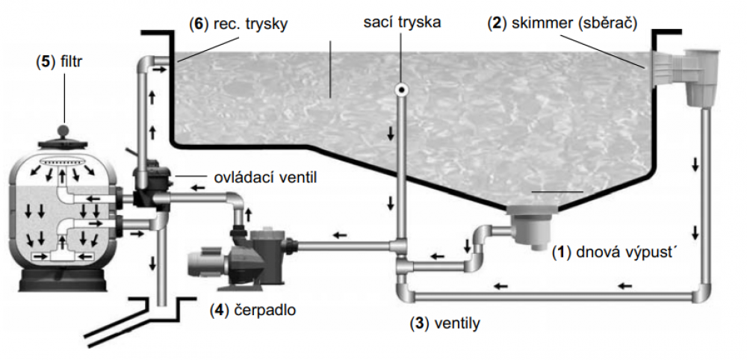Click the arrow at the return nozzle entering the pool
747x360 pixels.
(160, 69)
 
